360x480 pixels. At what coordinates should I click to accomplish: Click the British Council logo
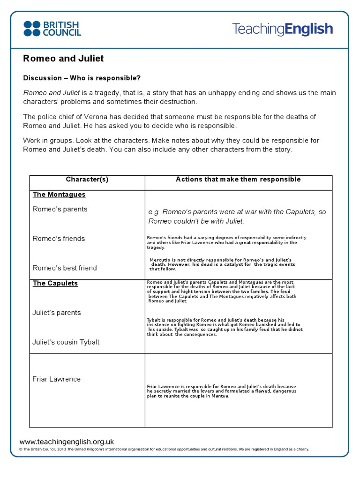coord(52,29)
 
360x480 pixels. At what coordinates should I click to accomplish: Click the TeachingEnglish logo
coord(282,29)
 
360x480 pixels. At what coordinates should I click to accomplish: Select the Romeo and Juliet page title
coord(63,59)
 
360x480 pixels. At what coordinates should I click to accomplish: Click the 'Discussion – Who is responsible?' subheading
coord(82,78)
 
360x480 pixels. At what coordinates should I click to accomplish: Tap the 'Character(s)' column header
coord(87,180)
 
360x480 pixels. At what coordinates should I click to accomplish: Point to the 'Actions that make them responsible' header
coord(238,180)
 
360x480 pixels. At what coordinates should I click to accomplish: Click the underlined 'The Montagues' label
coord(59,195)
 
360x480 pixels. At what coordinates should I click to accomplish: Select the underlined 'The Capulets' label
coord(55,284)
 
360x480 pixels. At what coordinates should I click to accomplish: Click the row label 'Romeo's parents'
coord(60,209)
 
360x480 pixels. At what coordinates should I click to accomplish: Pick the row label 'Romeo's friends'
coord(59,239)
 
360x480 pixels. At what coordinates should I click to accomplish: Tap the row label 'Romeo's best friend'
coord(65,268)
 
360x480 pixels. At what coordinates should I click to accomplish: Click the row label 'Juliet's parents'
coord(57,313)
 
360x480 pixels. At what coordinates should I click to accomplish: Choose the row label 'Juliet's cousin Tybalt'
coord(66,342)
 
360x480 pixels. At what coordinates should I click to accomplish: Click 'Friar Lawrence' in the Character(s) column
coord(57,379)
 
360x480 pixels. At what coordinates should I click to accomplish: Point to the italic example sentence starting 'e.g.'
coord(237,217)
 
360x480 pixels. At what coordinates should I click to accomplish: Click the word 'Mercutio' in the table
coord(160,260)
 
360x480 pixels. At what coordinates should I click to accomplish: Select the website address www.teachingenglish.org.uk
coord(67,442)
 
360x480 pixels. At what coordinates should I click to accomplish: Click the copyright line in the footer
coord(164,449)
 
